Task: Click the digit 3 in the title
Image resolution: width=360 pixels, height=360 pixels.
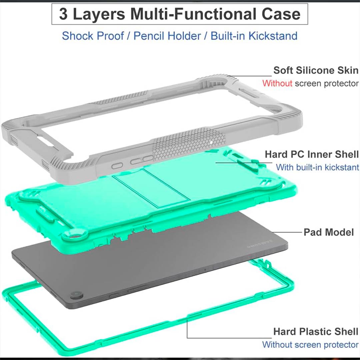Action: click(63, 14)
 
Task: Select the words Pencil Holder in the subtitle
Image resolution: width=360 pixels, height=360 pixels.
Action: click(167, 36)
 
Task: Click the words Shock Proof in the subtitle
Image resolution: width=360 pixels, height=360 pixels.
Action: click(93, 36)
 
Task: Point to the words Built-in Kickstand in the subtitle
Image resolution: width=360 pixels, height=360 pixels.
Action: click(254, 36)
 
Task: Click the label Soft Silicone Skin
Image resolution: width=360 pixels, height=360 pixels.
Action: click(316, 70)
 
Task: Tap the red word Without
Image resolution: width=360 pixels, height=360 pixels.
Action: click(277, 83)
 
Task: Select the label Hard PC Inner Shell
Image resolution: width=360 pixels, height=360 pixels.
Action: click(312, 154)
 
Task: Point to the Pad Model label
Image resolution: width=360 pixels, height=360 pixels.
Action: click(329, 232)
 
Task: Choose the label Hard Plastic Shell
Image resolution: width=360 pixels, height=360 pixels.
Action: click(316, 332)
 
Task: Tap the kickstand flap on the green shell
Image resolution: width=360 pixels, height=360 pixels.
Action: click(152, 188)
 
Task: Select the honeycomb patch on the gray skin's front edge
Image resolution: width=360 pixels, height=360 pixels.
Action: click(189, 144)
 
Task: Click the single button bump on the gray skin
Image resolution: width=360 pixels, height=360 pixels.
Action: click(117, 166)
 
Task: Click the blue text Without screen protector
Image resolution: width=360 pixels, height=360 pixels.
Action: click(310, 345)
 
